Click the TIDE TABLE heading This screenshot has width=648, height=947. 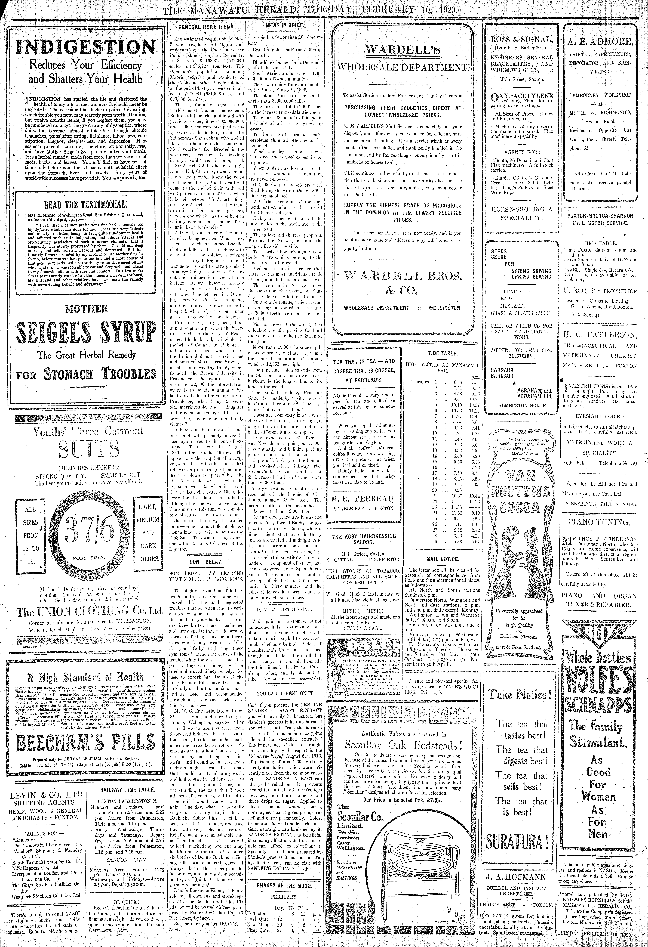point(443,353)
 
